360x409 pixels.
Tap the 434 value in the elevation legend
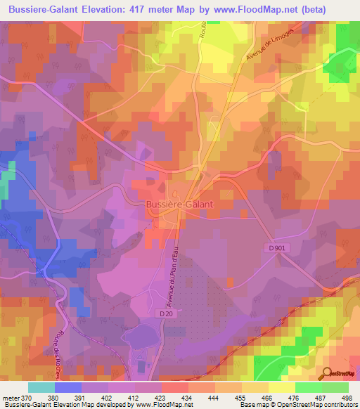pyautogui.click(x=187, y=397)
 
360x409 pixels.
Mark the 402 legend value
pyautogui.click(x=107, y=397)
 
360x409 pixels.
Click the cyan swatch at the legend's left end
pyautogui.click(x=41, y=387)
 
